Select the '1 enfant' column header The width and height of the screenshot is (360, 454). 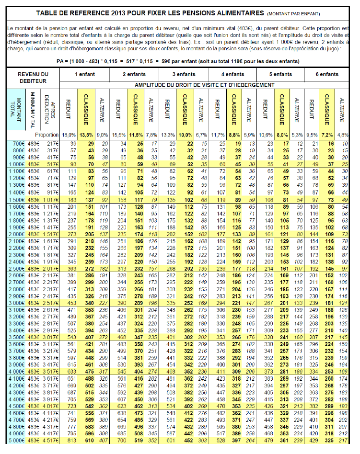point(84,75)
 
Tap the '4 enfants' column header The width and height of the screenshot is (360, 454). point(232,75)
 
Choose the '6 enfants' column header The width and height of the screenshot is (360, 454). point(327,75)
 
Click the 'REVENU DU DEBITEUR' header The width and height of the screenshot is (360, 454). point(33,78)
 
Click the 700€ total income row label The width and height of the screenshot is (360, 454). point(18,144)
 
